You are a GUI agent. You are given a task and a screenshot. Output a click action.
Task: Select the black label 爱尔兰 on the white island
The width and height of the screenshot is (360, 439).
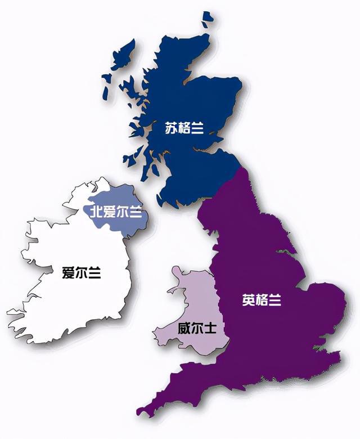pyautogui.click(x=82, y=274)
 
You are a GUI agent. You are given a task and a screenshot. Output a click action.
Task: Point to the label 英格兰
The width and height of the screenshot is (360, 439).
pyautogui.click(x=262, y=301)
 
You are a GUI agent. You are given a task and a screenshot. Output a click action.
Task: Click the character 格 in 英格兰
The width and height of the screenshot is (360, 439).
pyautogui.click(x=262, y=301)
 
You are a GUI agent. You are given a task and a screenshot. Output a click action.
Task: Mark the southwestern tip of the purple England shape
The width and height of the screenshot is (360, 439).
pyautogui.click(x=141, y=411)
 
